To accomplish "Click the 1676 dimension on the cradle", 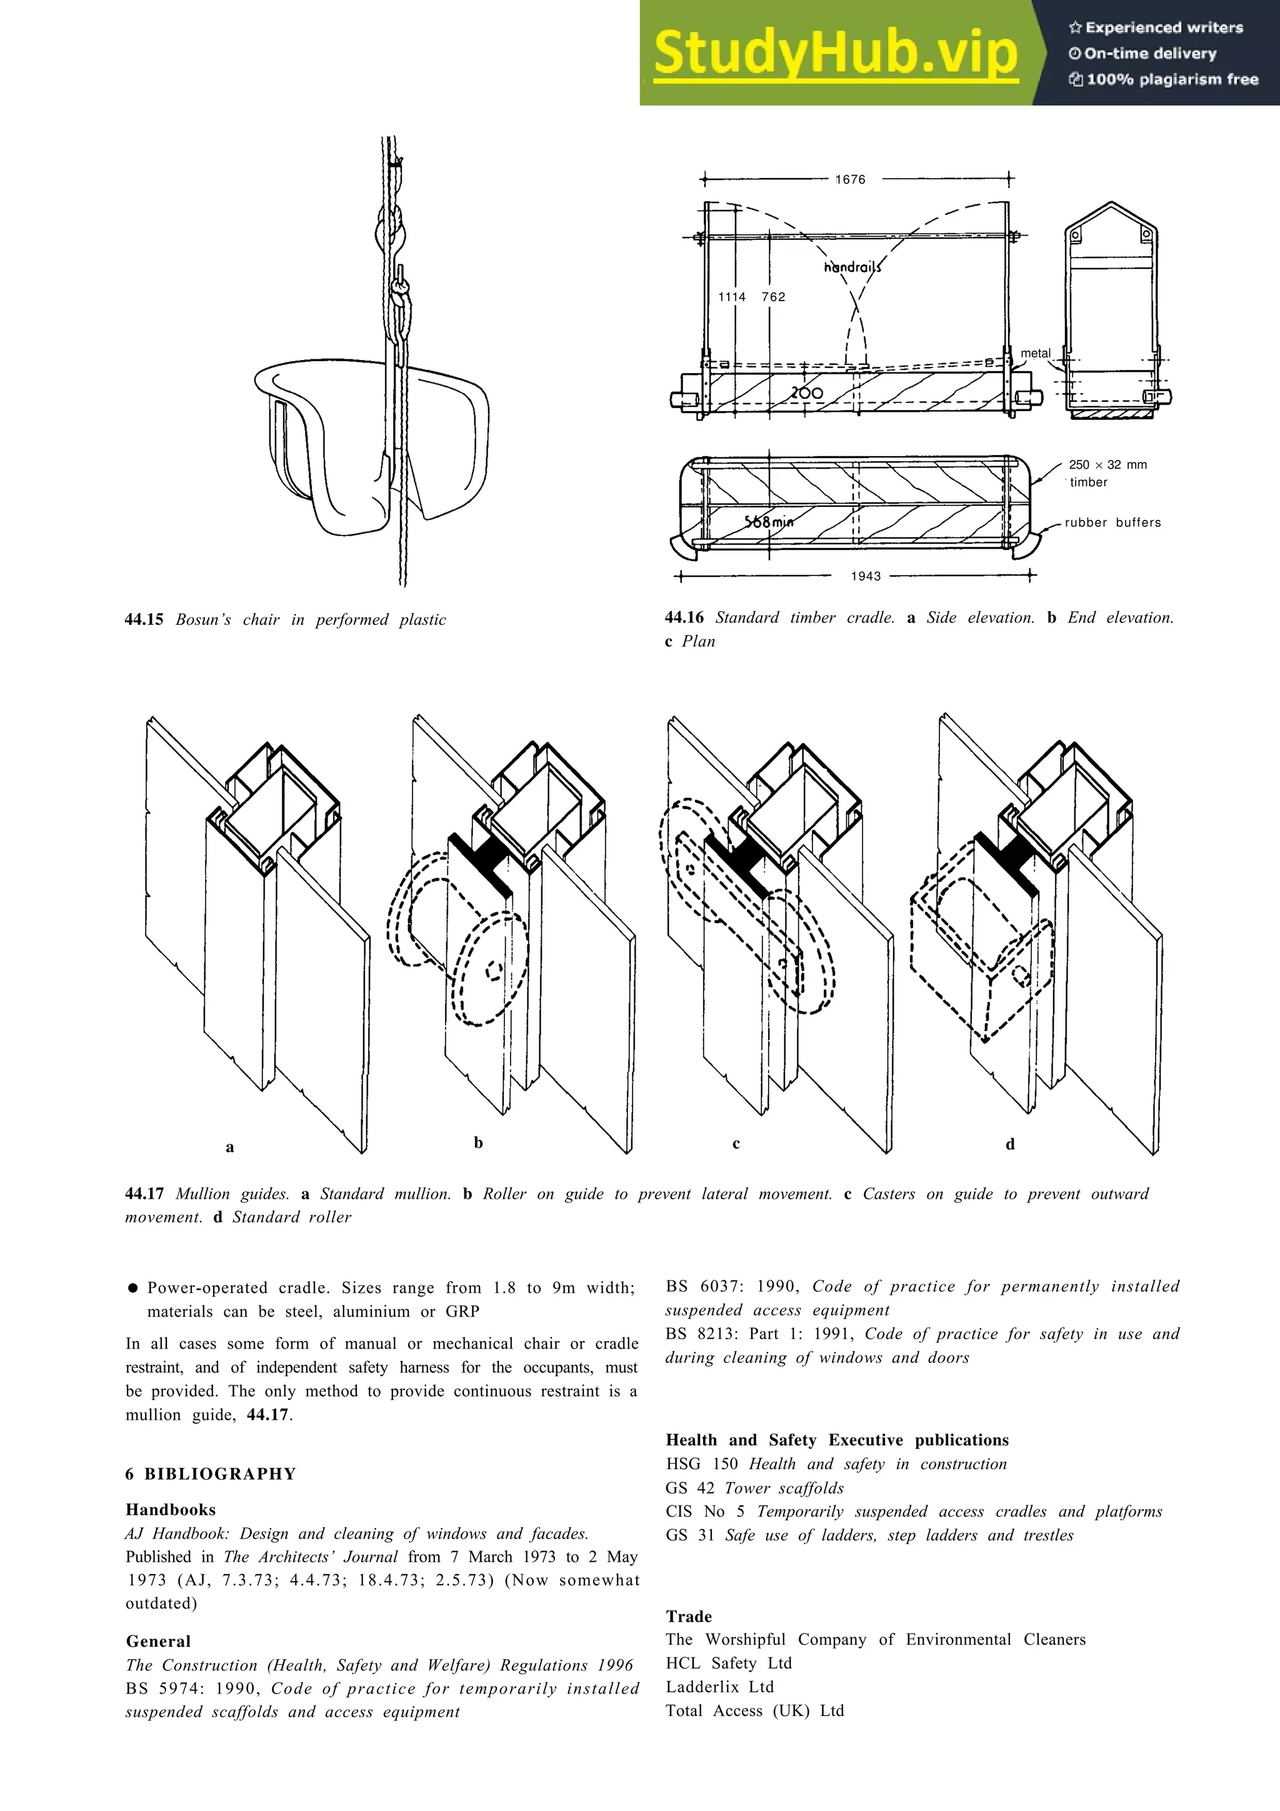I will click(850, 180).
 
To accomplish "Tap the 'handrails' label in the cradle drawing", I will click(852, 267).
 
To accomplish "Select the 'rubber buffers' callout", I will click(1112, 522).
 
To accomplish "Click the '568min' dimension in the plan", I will click(769, 521).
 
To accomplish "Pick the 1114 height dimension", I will click(731, 297).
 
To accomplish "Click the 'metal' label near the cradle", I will click(1036, 353).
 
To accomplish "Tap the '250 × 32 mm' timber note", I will click(1107, 464).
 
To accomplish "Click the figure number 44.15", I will click(144, 619).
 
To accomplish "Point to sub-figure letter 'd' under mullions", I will click(1009, 1144).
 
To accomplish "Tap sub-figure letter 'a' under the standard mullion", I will click(229, 1147).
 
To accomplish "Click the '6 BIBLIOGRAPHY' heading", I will click(211, 1474).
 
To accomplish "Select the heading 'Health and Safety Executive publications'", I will click(837, 1440).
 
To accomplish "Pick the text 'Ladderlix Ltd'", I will click(719, 1687).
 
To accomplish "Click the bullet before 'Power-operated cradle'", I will click(132, 1288).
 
